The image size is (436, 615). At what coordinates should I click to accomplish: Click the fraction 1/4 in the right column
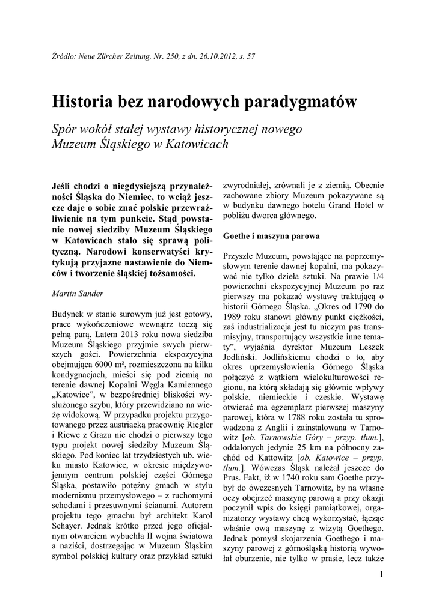point(376,277)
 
